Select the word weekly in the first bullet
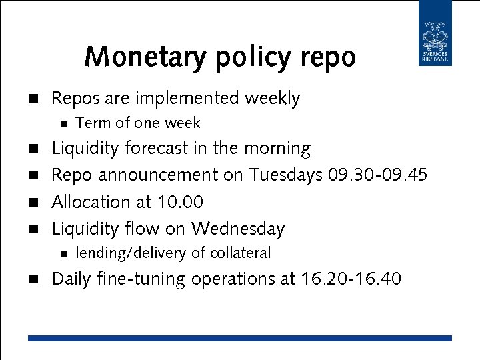[273, 99]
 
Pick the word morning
[278, 148]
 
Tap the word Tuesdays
[286, 175]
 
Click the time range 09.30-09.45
[377, 175]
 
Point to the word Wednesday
[238, 229]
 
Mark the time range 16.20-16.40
[350, 279]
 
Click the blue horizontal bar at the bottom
[239, 338]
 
